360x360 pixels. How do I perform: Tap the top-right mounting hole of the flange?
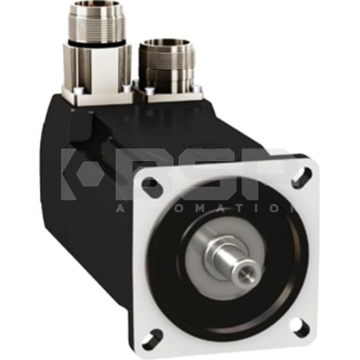coord(302,176)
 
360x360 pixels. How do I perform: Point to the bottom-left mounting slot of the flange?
coord(152,339)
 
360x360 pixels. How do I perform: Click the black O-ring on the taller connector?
coord(97,43)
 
